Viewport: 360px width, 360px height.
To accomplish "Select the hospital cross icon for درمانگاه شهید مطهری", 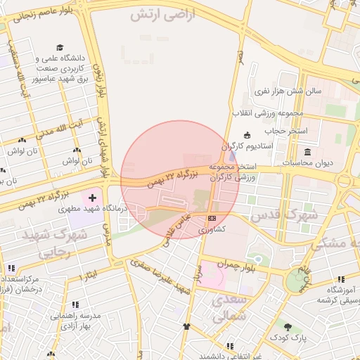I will coord(93,199).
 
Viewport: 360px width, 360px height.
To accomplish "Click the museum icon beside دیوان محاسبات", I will coord(308,152).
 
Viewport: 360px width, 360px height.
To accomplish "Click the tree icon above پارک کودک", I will coord(288,327).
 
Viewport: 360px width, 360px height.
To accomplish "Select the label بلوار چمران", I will coord(234,266).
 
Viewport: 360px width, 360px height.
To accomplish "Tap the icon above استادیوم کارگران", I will coord(246,135).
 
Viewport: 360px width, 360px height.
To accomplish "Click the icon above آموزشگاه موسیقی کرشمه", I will coord(341,279).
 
